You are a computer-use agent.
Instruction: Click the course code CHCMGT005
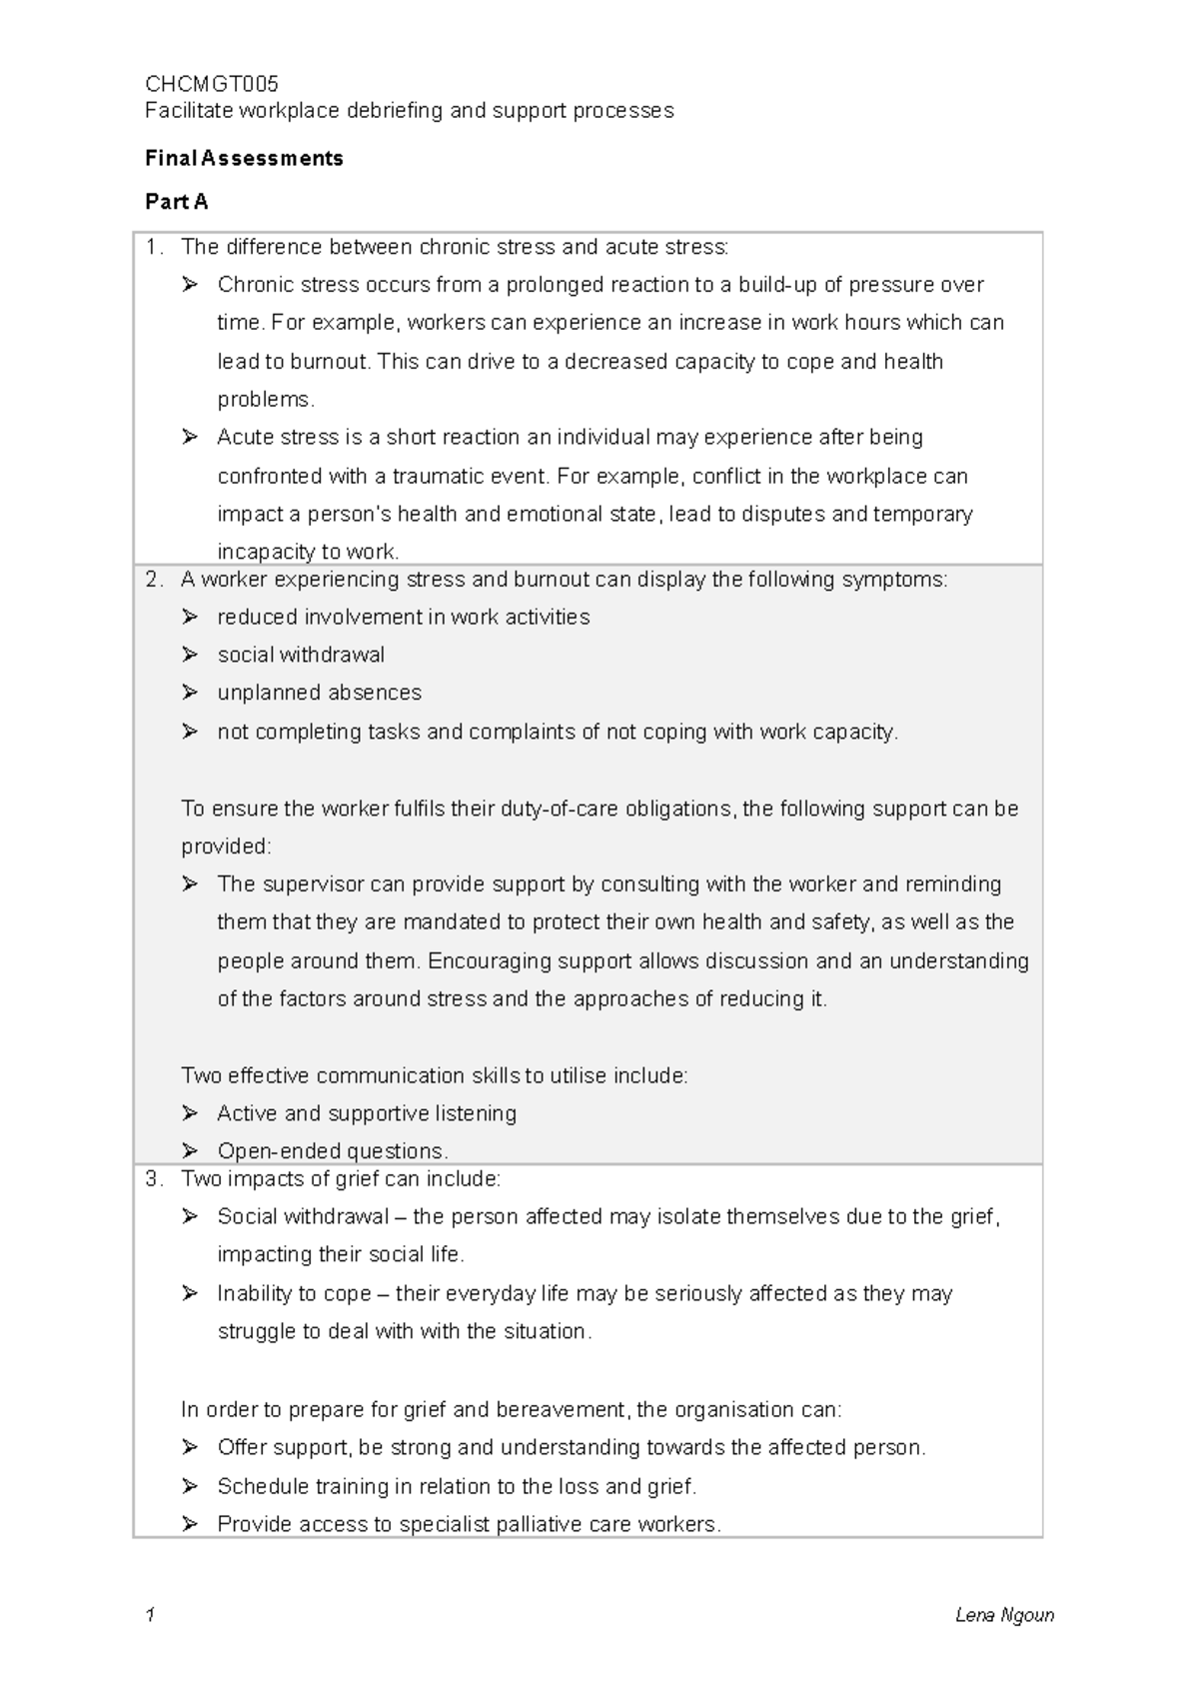coord(211,83)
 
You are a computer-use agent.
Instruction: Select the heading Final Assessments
coord(244,158)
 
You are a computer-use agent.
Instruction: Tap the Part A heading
coord(176,202)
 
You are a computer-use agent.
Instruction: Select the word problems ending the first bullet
coord(265,400)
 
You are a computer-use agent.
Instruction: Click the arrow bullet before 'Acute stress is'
coord(190,438)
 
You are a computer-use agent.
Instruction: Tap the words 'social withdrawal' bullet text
coord(301,656)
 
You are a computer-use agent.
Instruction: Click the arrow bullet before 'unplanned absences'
coord(190,693)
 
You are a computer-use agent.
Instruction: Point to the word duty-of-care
coord(559,809)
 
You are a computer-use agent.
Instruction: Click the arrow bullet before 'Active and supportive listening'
coord(190,1113)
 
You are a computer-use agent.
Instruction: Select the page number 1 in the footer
coord(150,1615)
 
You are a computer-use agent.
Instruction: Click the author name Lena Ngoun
coord(1004,1615)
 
